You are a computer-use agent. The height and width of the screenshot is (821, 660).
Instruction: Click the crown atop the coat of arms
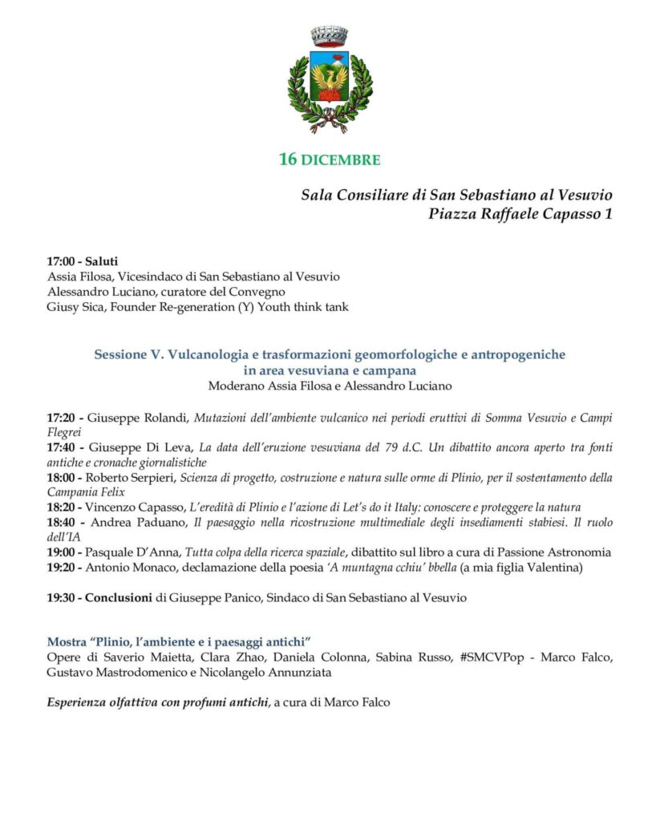330,36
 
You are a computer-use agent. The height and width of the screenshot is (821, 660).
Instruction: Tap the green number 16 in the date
288,160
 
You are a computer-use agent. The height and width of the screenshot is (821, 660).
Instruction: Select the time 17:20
63,418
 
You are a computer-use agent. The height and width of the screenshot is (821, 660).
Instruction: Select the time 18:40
63,522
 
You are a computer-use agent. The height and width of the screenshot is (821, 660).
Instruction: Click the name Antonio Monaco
130,567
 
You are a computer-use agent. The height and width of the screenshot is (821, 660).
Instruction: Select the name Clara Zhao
219,657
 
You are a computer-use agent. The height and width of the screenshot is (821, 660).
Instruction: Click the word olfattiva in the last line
135,703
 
